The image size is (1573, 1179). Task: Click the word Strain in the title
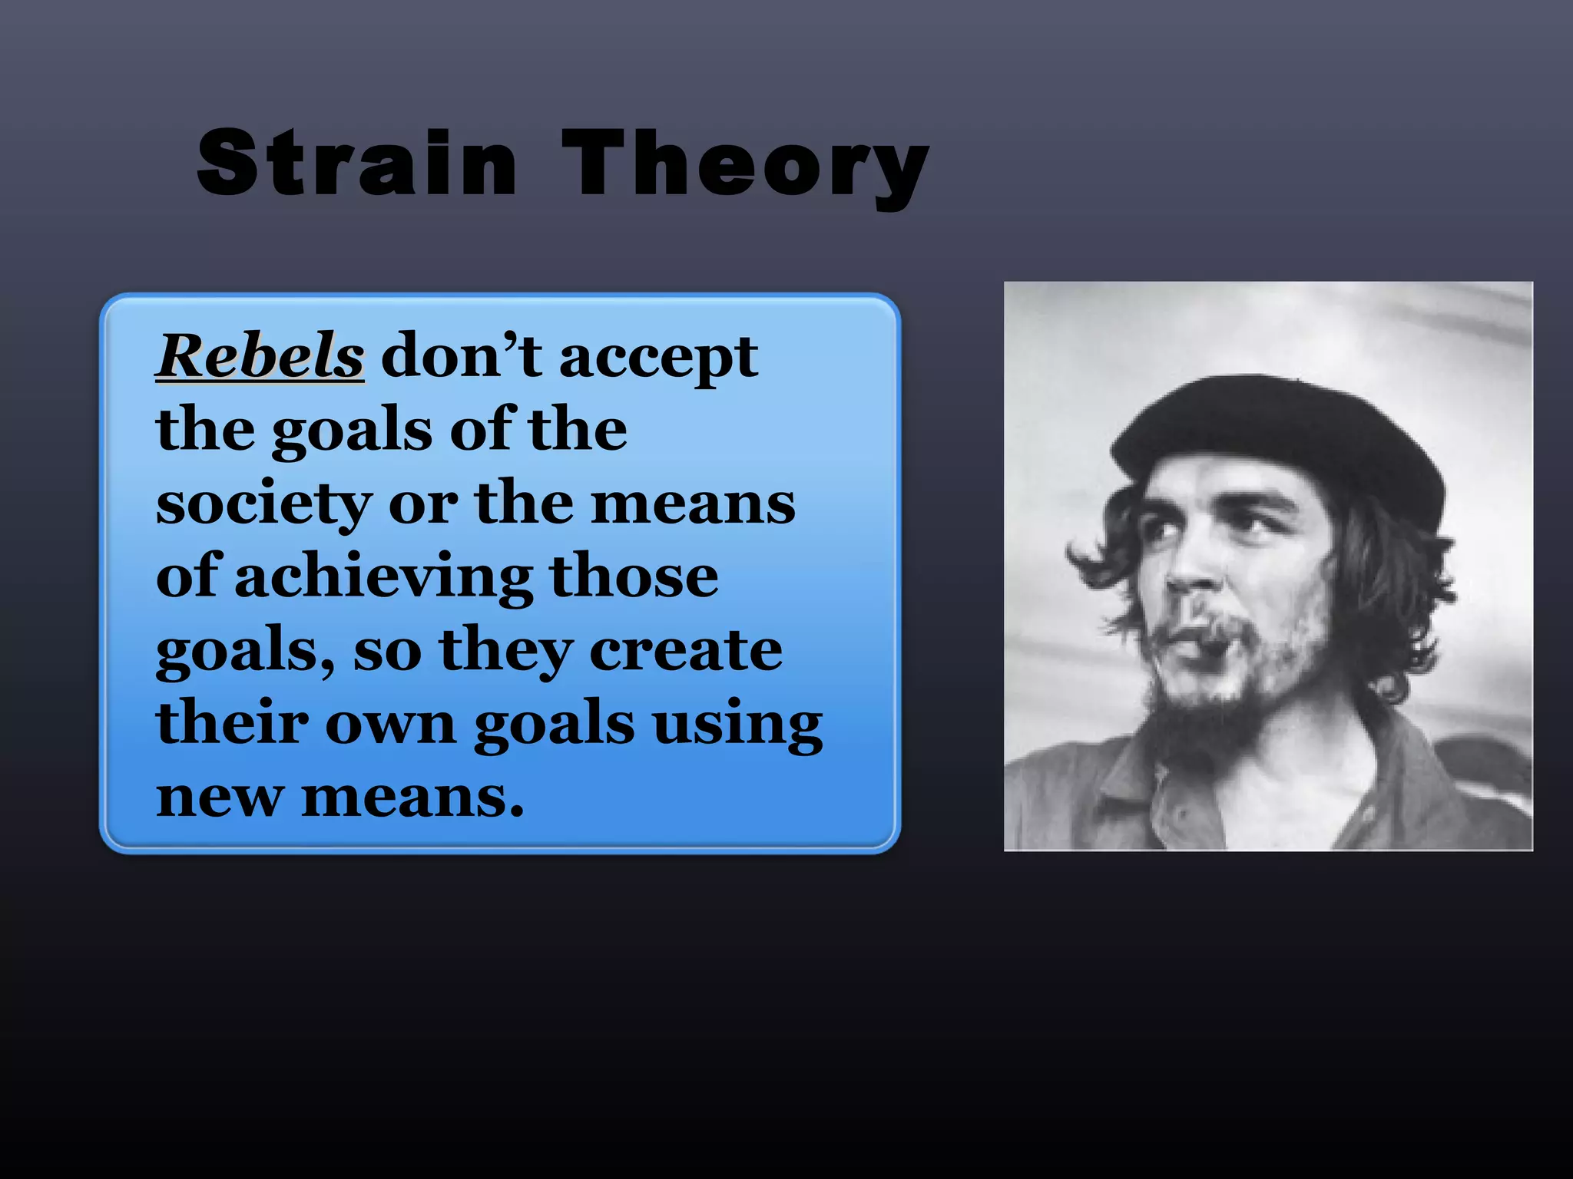tap(357, 163)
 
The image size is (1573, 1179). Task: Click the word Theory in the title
tap(745, 165)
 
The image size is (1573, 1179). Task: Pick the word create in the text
tap(685, 650)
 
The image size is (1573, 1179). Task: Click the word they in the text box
tap(505, 651)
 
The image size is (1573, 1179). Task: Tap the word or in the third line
tap(422, 505)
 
